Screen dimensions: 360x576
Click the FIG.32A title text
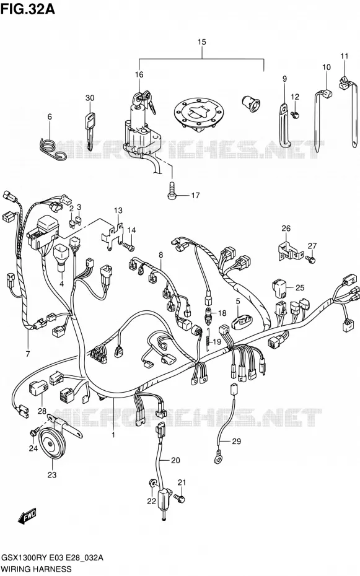27,8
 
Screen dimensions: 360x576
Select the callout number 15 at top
201,42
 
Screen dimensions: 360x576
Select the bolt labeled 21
180,498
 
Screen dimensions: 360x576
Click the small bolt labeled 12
294,115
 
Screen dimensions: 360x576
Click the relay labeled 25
279,289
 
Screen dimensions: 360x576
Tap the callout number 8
160,255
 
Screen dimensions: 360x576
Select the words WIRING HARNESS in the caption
37,569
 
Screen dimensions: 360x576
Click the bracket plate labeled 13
112,235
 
